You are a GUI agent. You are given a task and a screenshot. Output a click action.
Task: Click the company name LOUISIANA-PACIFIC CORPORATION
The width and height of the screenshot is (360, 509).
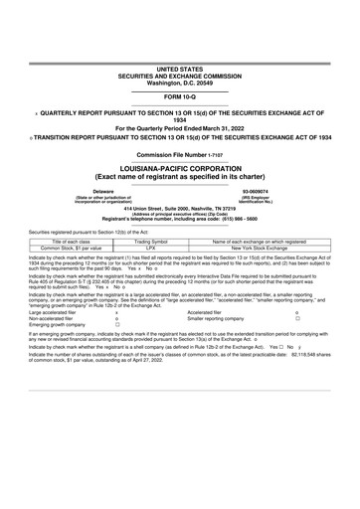(x=179, y=169)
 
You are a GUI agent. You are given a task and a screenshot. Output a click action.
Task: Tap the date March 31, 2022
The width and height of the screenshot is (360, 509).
(x=200, y=128)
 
